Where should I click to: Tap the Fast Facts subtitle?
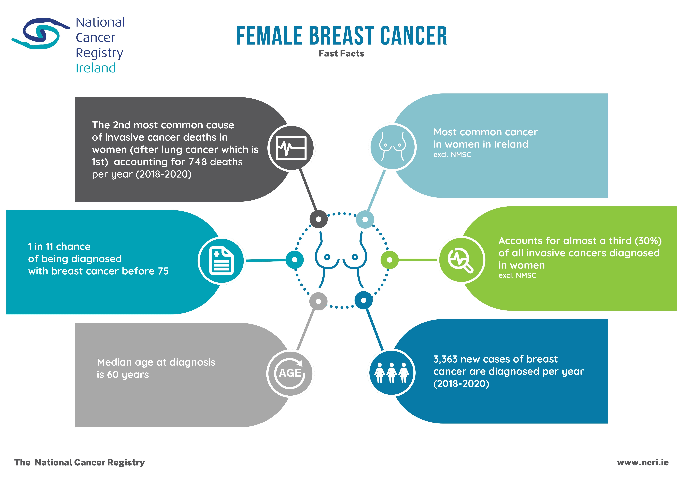coord(341,54)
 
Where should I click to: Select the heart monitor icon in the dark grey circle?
coord(291,148)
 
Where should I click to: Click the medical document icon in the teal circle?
coord(221,261)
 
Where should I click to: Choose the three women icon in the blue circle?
coord(391,373)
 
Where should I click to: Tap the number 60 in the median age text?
coord(113,374)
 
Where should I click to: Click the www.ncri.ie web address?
coord(643,462)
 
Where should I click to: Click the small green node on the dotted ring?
coord(389,260)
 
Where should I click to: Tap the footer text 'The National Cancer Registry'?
coord(79,462)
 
